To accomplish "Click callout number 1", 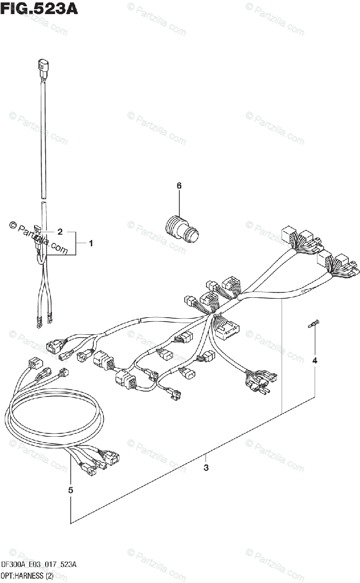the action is pyautogui.click(x=90, y=243).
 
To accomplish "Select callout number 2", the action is pyautogui.click(x=60, y=232).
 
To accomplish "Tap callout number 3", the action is pyautogui.click(x=206, y=468).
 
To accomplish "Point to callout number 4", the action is pyautogui.click(x=314, y=360).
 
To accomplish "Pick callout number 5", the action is pyautogui.click(x=71, y=491).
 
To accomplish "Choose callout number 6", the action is pyautogui.click(x=179, y=186).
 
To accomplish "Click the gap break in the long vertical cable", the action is pyautogui.click(x=43, y=201).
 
